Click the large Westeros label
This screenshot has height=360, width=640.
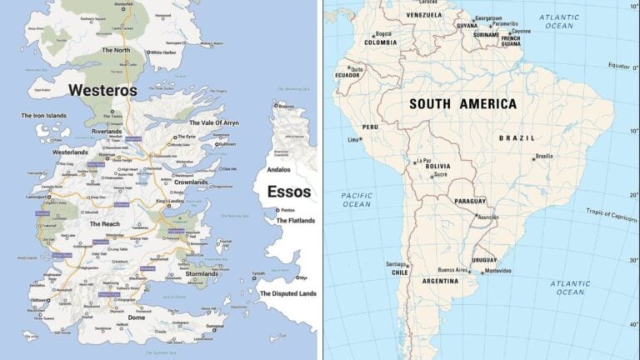pyautogui.click(x=102, y=89)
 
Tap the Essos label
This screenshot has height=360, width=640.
pyautogui.click(x=289, y=192)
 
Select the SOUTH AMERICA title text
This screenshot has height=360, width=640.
pyautogui.click(x=462, y=104)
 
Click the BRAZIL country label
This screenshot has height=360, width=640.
pyautogui.click(x=517, y=137)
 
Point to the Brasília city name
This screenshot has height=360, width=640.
pyautogui.click(x=544, y=155)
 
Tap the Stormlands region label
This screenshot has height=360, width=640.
pyautogui.click(x=202, y=273)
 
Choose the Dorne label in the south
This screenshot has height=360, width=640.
pyautogui.click(x=137, y=317)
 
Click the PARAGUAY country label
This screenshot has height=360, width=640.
pyautogui.click(x=470, y=202)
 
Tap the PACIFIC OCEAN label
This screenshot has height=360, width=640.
pyautogui.click(x=357, y=199)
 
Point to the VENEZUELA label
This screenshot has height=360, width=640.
pyautogui.click(x=424, y=15)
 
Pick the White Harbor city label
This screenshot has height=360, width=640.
pyautogui.click(x=164, y=52)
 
